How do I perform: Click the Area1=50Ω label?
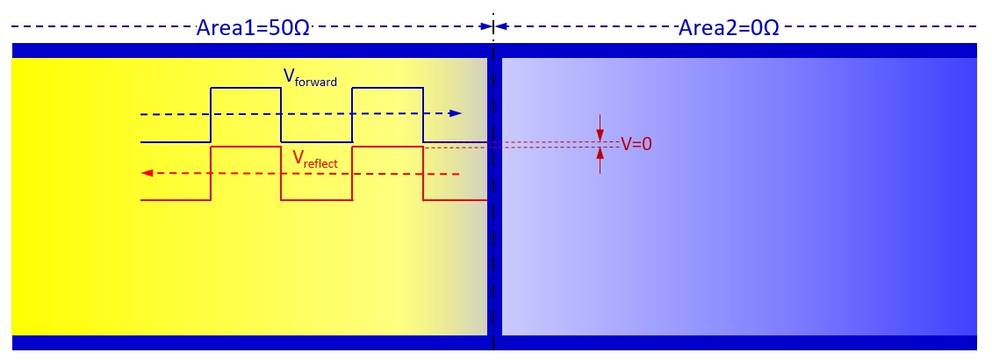253,27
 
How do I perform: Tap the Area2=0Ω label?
729,27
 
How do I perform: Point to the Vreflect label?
315,159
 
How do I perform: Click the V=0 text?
636,144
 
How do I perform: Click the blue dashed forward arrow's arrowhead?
455,113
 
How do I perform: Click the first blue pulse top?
246,88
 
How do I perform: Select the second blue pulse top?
388,88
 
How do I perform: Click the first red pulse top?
246,148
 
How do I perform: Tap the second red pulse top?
388,148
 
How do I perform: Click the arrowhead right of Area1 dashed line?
485,27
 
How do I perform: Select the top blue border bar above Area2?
737,50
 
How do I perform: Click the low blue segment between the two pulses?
316,141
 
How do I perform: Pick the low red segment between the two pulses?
316,200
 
